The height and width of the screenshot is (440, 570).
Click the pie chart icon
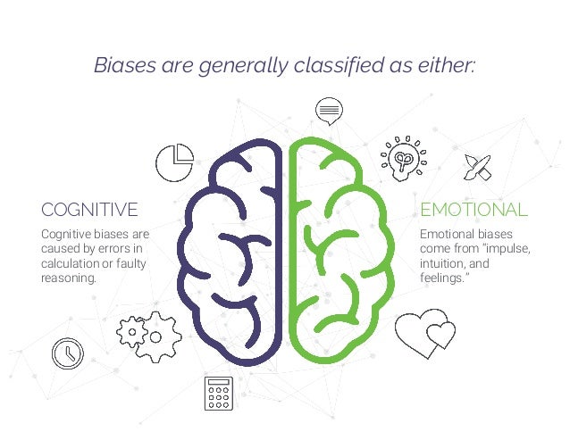175,162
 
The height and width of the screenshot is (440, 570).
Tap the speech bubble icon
330,111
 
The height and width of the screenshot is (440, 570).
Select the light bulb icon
403,157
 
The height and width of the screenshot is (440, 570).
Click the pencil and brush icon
478,167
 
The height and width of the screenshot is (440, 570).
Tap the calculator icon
217,394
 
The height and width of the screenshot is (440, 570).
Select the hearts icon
424,332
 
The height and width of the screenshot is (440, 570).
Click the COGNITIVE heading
89,210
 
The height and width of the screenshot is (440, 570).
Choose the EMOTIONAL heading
474,210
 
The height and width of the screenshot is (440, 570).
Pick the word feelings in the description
441,278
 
